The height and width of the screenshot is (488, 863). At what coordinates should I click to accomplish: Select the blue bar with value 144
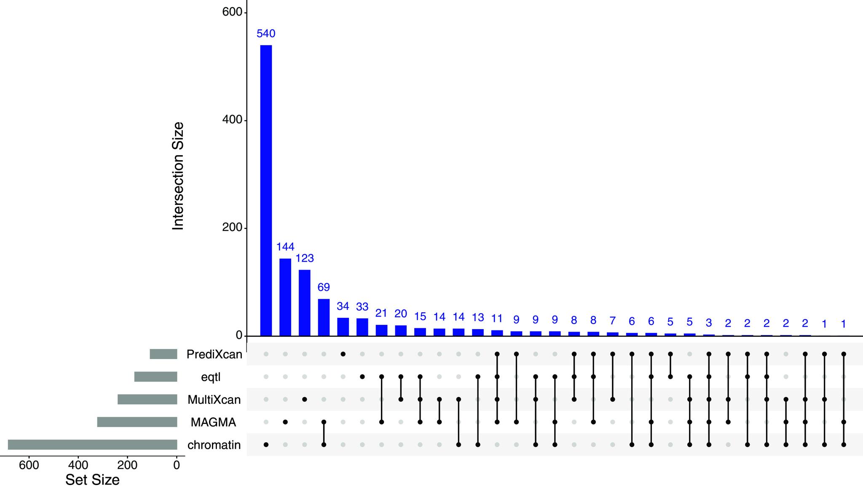tap(285, 297)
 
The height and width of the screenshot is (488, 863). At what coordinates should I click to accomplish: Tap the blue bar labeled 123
tap(305, 303)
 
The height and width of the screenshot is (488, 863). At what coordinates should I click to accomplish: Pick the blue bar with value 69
tap(324, 317)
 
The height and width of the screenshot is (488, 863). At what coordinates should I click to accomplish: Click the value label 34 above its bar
tap(343, 306)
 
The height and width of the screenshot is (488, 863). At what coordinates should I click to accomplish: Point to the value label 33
tap(362, 306)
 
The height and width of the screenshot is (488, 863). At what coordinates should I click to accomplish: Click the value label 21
tap(381, 313)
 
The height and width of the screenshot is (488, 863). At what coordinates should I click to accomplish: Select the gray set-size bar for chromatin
tap(92, 445)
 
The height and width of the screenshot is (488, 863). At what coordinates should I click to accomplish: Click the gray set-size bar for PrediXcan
tap(163, 354)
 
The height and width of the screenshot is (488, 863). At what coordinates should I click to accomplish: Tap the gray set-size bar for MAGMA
tap(137, 422)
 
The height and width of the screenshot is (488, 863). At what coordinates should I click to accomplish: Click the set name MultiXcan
tap(214, 400)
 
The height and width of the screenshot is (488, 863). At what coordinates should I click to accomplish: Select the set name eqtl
tap(211, 377)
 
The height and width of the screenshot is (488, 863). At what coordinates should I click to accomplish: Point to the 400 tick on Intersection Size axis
tap(232, 120)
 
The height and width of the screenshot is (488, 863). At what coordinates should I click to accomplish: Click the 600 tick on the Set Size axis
tap(29, 465)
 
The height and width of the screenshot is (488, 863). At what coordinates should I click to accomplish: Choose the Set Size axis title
tap(92, 480)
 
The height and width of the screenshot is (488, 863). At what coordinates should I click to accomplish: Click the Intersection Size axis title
tap(178, 176)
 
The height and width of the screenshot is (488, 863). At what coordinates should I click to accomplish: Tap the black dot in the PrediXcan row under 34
tap(343, 354)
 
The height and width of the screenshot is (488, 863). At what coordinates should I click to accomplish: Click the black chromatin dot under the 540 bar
tap(266, 445)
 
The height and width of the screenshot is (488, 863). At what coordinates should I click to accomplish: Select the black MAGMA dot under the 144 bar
tap(285, 422)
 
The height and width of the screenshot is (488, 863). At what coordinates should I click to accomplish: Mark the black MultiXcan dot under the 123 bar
tap(305, 399)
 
